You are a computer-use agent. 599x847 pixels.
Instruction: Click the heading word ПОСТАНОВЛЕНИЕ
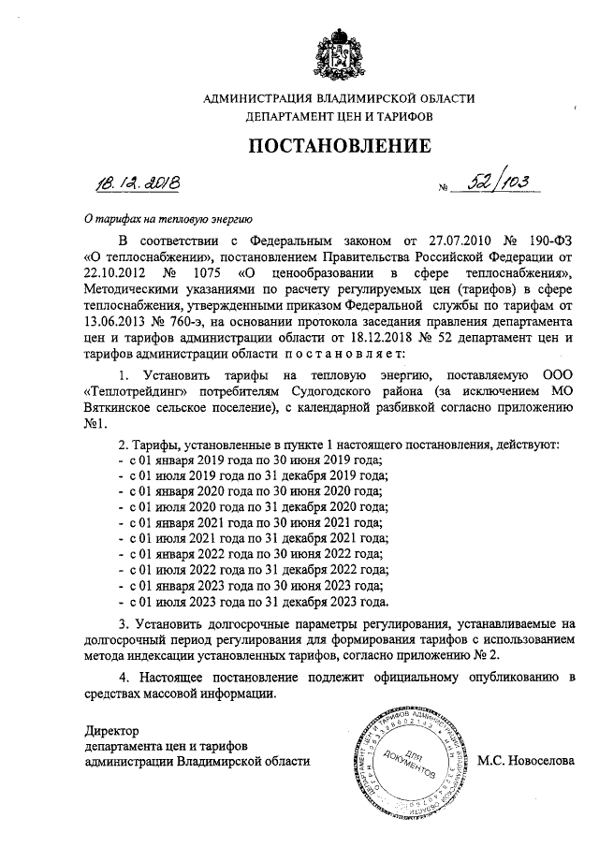[x=340, y=146]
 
